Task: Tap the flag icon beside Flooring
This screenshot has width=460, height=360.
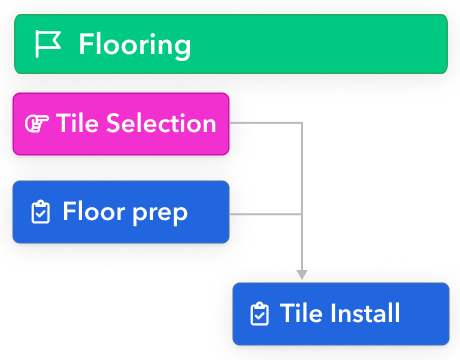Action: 48,44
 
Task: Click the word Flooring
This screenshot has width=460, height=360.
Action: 134,44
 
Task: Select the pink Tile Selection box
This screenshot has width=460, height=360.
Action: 121,124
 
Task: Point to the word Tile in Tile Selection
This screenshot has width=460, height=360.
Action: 78,124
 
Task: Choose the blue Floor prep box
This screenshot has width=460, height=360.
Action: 121,212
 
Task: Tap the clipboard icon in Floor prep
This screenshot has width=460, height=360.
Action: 41,212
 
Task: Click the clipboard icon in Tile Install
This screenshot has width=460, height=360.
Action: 259,314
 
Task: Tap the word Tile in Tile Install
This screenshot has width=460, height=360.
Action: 302,314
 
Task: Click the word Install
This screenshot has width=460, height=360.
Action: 365,314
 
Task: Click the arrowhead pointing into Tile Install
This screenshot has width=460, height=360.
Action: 302,273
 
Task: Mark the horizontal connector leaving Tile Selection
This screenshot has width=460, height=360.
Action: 265,123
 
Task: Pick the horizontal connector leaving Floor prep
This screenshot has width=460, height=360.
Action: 265,214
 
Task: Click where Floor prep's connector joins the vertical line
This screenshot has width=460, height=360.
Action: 302,214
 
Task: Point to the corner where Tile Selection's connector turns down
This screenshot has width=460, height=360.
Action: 302,123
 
